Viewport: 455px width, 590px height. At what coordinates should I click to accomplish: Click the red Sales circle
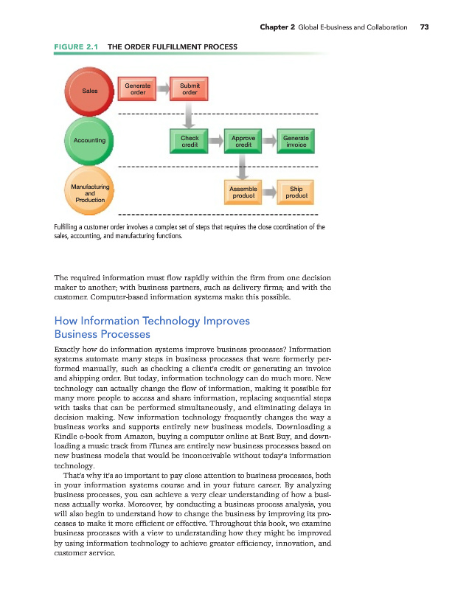pos(91,91)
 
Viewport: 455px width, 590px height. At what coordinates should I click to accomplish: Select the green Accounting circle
pos(89,140)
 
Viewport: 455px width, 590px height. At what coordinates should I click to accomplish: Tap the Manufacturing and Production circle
pos(89,192)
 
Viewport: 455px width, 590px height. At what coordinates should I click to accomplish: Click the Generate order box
pos(138,90)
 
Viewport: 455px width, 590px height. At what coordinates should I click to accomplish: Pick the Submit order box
pos(190,90)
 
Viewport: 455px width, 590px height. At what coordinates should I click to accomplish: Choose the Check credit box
pos(190,141)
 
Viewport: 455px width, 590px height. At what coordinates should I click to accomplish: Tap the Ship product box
pos(296,192)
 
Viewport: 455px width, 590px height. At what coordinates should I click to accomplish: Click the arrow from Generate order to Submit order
pos(164,90)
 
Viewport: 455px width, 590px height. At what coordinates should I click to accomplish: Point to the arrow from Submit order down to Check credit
pos(190,115)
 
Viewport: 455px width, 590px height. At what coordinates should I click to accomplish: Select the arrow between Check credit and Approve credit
pos(216,141)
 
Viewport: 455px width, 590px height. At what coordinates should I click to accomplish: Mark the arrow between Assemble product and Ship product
pos(269,192)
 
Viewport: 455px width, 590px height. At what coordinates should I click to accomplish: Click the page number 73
pos(424,27)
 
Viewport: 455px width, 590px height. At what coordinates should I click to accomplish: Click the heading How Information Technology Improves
pos(152,321)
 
